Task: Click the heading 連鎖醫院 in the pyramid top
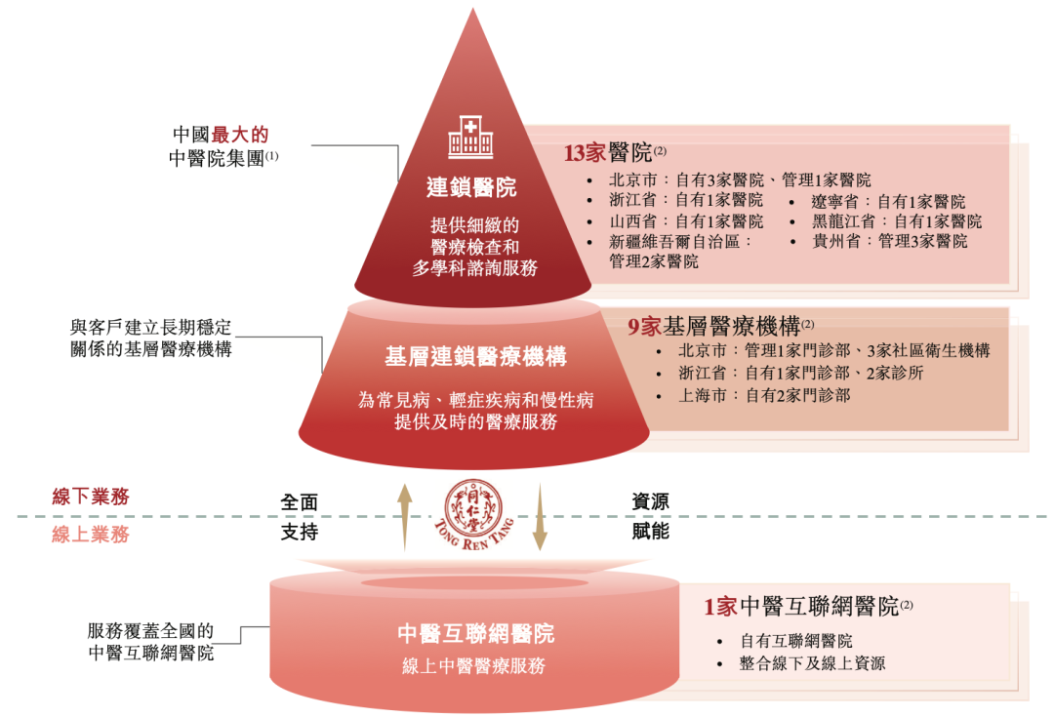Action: (471, 186)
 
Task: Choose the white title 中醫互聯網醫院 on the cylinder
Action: (475, 633)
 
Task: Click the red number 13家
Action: (585, 153)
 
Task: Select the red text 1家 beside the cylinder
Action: (720, 607)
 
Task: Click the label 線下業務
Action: (91, 497)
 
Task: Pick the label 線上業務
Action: (91, 534)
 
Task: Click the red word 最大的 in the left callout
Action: (240, 135)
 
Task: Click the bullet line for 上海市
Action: (764, 395)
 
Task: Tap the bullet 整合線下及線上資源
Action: (812, 663)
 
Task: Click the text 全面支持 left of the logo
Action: (300, 517)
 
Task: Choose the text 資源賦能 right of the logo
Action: (651, 517)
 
